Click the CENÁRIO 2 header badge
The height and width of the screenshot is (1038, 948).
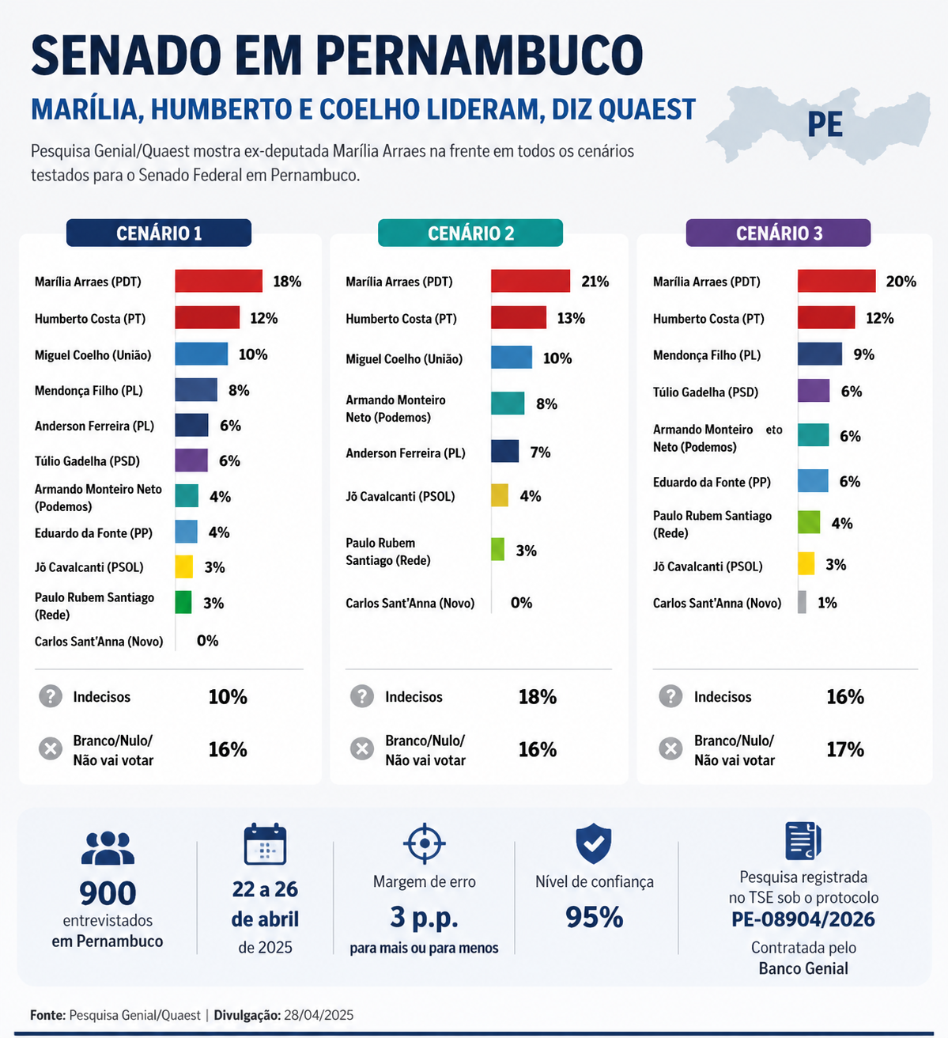coord(470,233)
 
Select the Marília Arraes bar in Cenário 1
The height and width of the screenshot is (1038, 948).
coord(218,281)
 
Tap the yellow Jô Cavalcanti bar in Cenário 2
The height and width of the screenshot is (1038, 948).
coord(500,496)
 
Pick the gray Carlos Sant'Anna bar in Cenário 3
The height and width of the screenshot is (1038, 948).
coord(803,603)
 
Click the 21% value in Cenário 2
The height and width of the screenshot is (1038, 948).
coord(595,282)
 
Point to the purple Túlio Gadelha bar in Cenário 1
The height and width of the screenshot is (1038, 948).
coord(191,460)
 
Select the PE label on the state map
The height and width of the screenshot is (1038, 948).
coord(825,125)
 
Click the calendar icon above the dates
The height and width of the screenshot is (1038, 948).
coord(265,844)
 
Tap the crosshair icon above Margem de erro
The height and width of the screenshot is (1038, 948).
coord(425,843)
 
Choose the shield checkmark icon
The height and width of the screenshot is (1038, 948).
coord(594,843)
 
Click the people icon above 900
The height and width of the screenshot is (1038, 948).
coord(108,848)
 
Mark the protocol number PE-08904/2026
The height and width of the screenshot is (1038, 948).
coord(803,919)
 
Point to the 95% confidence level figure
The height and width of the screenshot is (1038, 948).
coord(595,918)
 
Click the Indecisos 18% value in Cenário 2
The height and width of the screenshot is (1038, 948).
coord(538,697)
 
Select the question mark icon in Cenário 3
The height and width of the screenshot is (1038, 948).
coord(670,696)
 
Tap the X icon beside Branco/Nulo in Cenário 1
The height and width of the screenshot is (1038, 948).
coord(51,748)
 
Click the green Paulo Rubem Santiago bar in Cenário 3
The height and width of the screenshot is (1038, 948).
coord(809,523)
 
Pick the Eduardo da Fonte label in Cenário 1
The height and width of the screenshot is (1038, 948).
coord(93,533)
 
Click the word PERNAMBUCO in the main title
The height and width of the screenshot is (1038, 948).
coord(479,55)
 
